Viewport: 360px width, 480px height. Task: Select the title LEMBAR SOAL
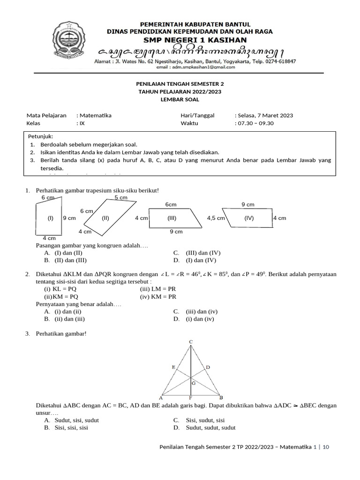pos(180,99)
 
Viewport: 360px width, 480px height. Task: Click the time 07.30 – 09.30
pos(255,123)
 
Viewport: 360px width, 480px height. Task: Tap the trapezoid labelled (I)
pos(49,218)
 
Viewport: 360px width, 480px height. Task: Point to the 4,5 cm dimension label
pos(216,218)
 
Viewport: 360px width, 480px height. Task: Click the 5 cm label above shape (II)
pos(121,198)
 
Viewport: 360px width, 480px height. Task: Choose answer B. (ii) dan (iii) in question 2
pos(65,319)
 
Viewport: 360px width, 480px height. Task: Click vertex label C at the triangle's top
pos(191,342)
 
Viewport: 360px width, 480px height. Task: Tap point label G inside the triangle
pos(194,383)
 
